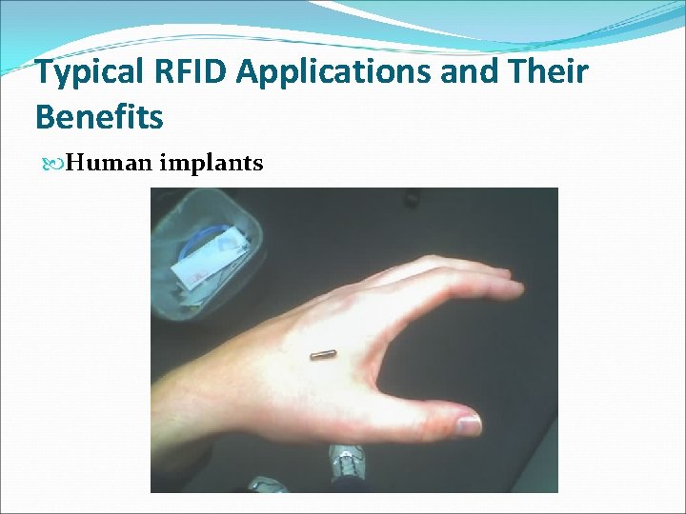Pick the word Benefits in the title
(99, 117)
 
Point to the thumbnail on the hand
(468, 424)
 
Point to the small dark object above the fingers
(412, 201)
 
